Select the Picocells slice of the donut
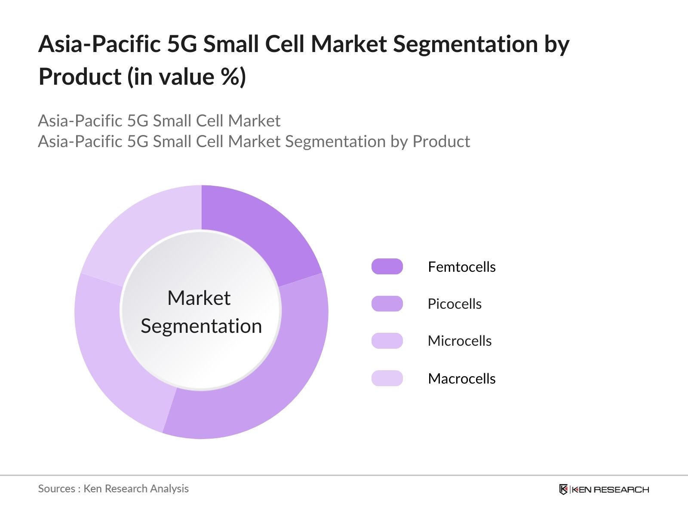275,370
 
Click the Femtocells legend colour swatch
387,267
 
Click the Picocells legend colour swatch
387,304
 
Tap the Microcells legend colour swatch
387,341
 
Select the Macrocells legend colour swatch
387,378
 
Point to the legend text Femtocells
461,267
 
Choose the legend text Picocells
454,304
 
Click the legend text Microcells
459,341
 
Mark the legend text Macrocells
461,379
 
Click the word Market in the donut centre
199,298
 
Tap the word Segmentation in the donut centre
201,326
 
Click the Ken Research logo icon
563,489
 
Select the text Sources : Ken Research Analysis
113,489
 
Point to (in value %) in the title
187,77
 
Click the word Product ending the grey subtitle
441,141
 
